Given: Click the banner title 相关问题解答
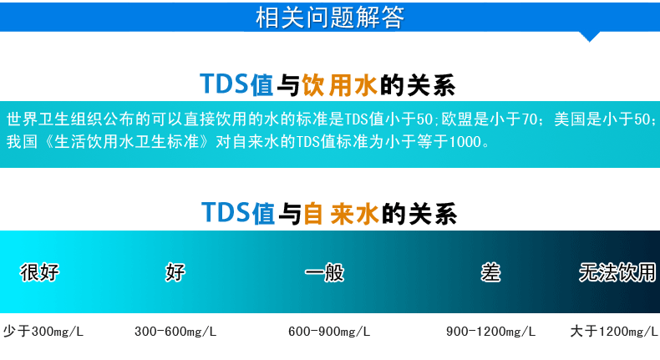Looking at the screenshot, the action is coord(329,18).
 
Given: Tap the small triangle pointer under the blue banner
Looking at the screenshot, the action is coord(589,37).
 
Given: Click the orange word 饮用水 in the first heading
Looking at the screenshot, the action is coord(339,85).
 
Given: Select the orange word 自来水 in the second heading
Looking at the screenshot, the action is coord(341,214).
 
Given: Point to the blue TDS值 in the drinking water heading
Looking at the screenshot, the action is coord(236,84).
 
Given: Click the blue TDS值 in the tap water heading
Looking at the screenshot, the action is coord(238,213).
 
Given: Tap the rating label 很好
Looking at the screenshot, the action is coord(39,272).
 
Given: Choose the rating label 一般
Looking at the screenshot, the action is coord(324,272).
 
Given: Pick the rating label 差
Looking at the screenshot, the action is coord(490,272).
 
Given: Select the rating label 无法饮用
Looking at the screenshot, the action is coord(617,272).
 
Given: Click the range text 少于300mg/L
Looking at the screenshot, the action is coord(43,332).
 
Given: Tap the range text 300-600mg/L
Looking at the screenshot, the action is coord(175,332).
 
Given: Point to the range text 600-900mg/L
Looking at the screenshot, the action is coord(329,332).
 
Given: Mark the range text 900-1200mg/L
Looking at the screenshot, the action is coord(490,332).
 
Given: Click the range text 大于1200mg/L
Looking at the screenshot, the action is coord(614,332).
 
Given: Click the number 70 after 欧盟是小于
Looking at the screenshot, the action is coord(530,119).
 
